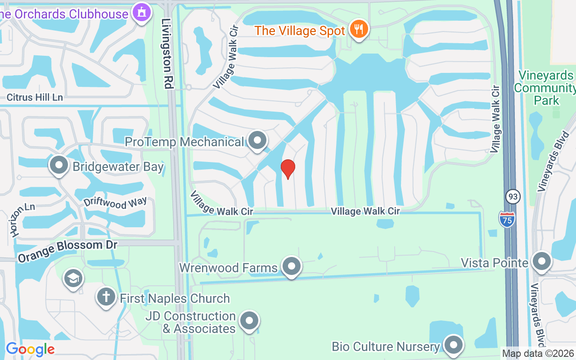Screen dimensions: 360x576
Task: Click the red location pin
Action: (288, 169)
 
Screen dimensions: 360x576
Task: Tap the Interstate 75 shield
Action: (506, 219)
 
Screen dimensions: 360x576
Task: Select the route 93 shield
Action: (513, 197)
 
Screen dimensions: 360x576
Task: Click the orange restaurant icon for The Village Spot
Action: (359, 29)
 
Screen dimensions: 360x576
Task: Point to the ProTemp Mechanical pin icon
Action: (257, 141)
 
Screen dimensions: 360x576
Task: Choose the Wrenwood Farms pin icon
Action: (291, 266)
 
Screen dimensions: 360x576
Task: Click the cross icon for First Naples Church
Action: (106, 297)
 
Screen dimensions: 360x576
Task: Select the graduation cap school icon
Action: (73, 278)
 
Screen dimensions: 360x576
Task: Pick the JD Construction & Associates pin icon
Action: (249, 321)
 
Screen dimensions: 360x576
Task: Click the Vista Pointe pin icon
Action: (541, 261)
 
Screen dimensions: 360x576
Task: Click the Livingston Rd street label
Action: (168, 54)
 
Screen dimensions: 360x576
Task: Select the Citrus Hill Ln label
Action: (35, 97)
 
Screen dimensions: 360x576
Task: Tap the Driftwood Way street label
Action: (115, 203)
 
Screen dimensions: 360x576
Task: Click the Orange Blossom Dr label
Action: (67, 251)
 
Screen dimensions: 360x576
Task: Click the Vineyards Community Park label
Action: (545, 88)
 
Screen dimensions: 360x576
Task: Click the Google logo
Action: (30, 349)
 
